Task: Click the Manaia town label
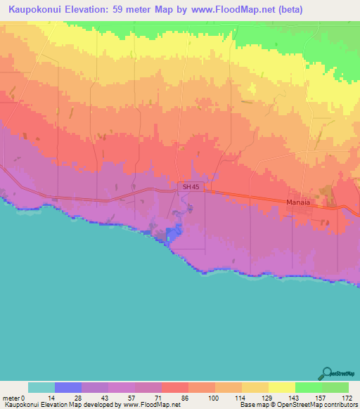click(299, 202)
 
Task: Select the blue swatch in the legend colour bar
click(68, 387)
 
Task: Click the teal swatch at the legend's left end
click(41, 387)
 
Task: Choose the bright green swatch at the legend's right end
click(335, 387)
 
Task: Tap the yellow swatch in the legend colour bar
click(281, 387)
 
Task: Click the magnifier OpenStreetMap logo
click(327, 373)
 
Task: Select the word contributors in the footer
click(336, 404)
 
